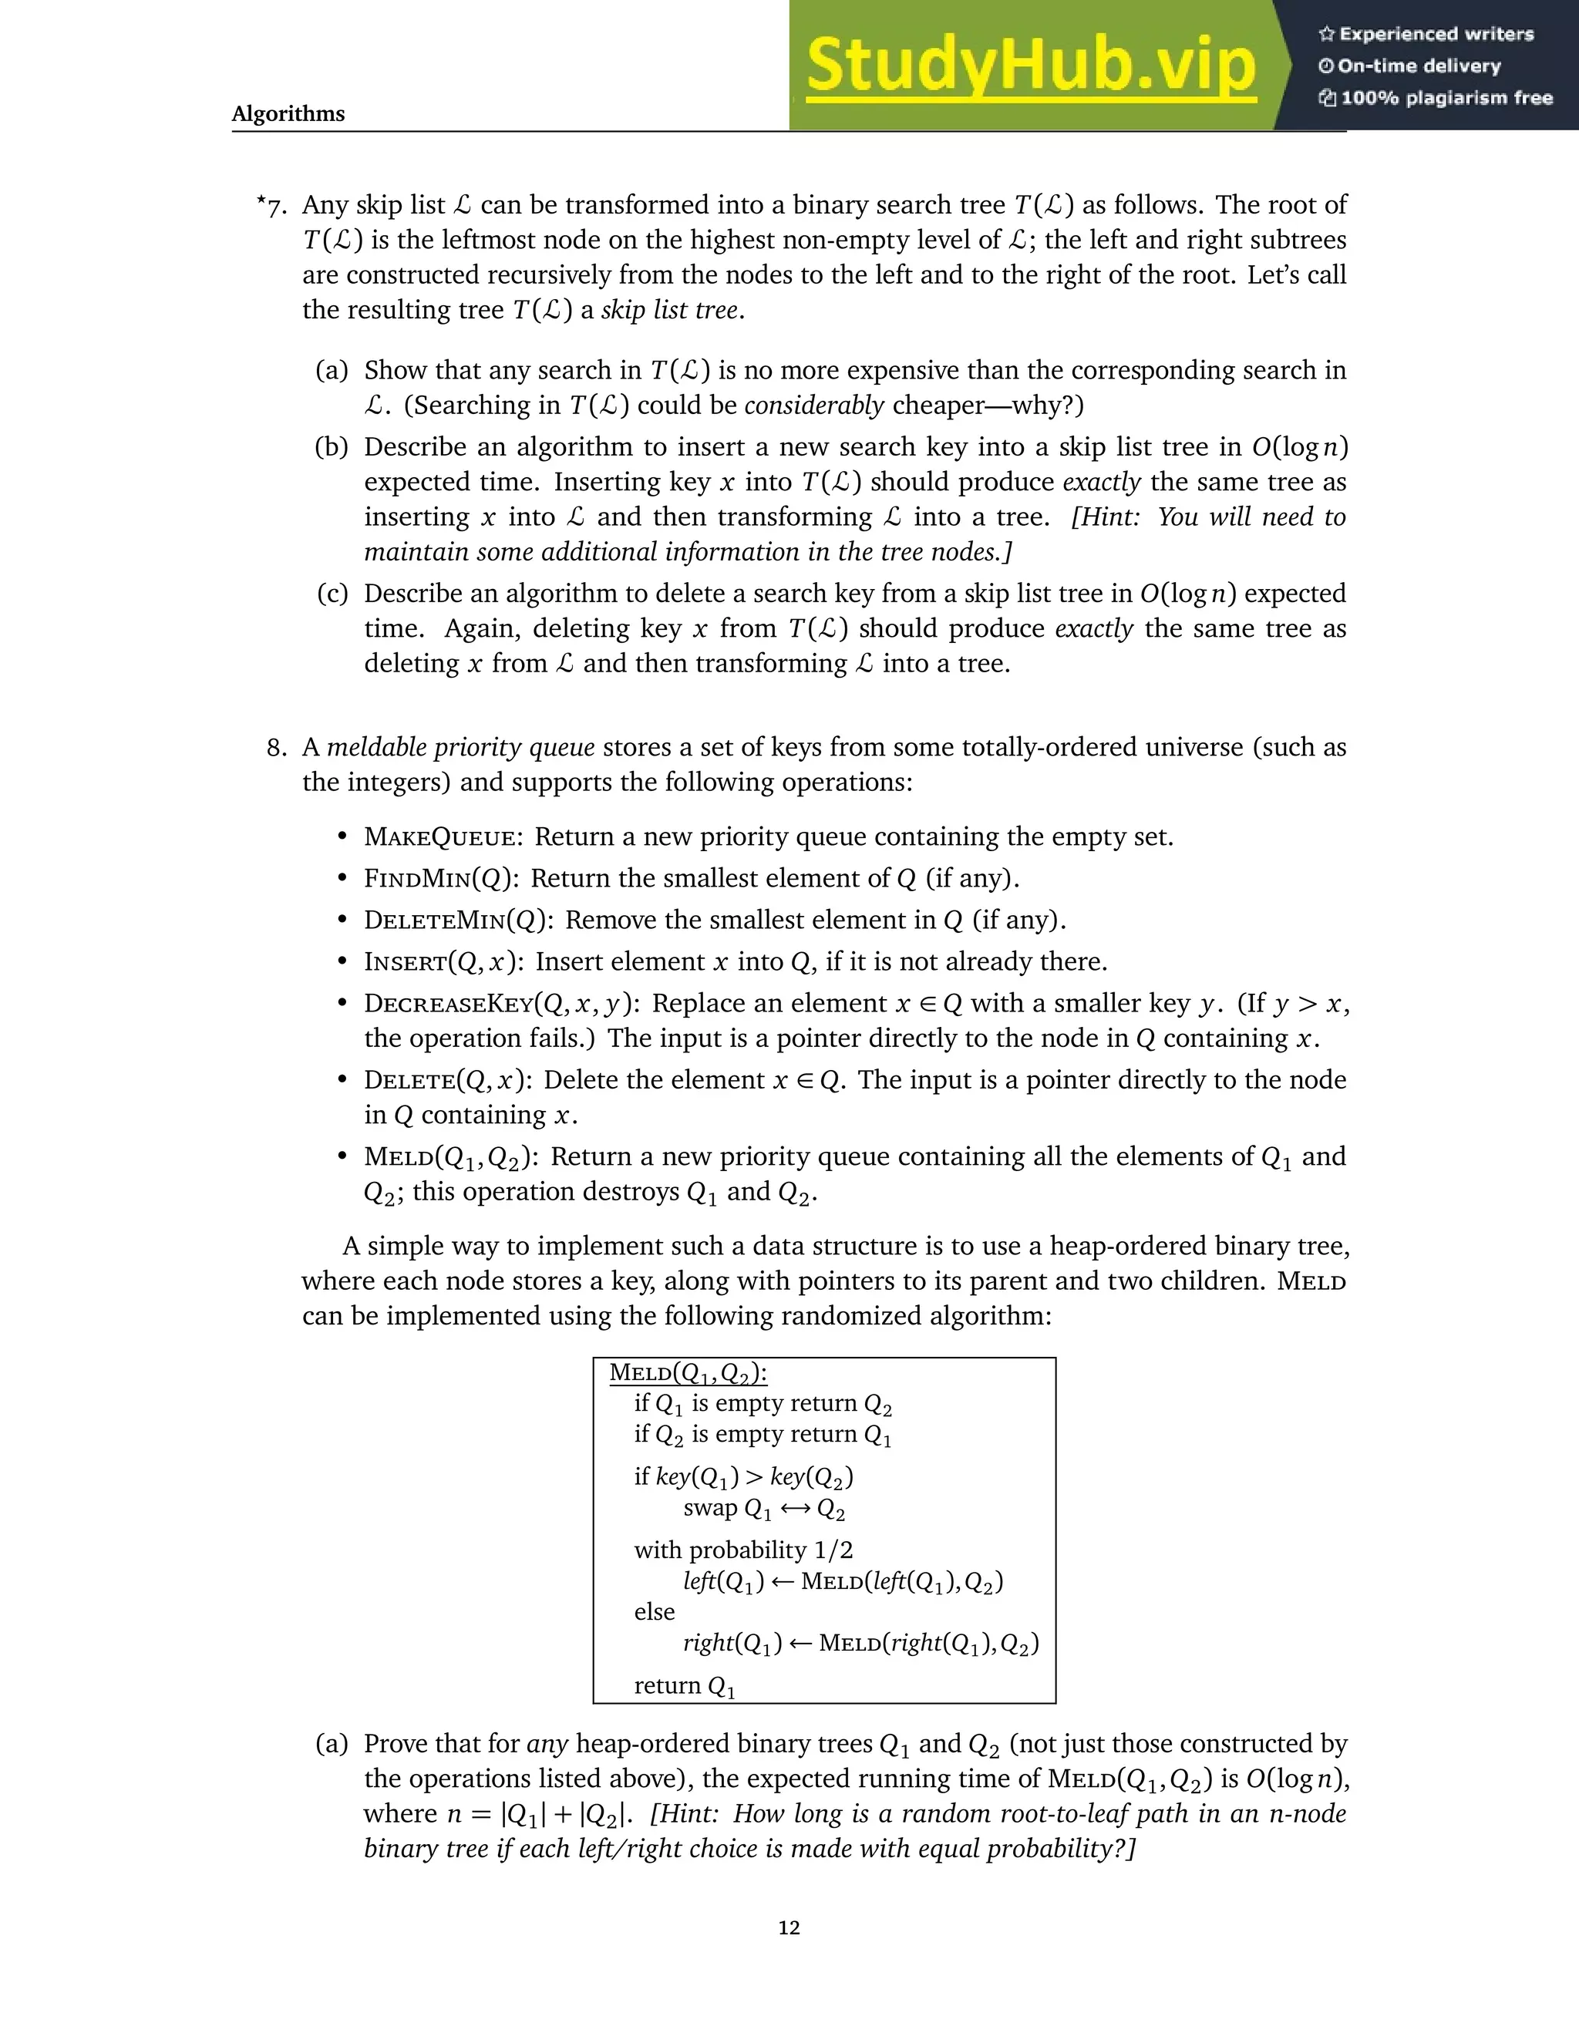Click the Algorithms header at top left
click(288, 113)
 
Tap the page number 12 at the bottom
click(789, 1927)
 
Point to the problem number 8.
click(276, 747)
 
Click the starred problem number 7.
click(272, 206)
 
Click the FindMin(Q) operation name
click(442, 878)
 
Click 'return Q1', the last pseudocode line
click(684, 1685)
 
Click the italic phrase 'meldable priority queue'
click(460, 747)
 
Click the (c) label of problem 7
click(332, 593)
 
